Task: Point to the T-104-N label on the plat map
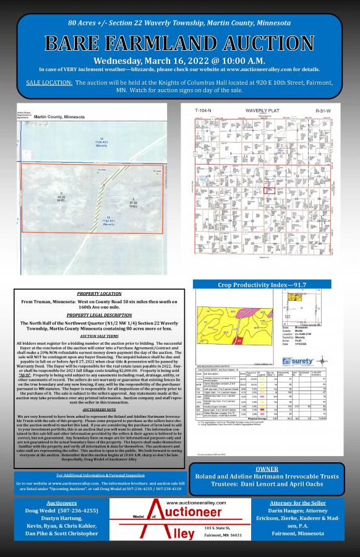coord(204,110)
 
